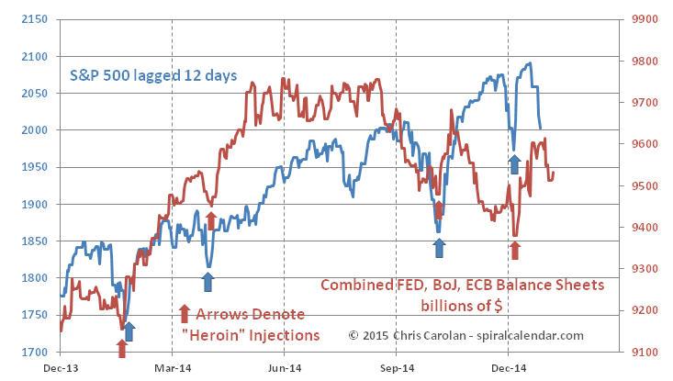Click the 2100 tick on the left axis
31,56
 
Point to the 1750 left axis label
31,315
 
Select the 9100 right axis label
639,353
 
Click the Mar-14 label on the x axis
172,365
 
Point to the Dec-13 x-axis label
61,365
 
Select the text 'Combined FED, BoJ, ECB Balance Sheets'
462,286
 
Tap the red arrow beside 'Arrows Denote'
183,314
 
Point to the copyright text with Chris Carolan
465,335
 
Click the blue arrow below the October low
439,247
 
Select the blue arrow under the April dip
210,280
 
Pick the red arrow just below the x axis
121,348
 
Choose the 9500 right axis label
639,186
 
